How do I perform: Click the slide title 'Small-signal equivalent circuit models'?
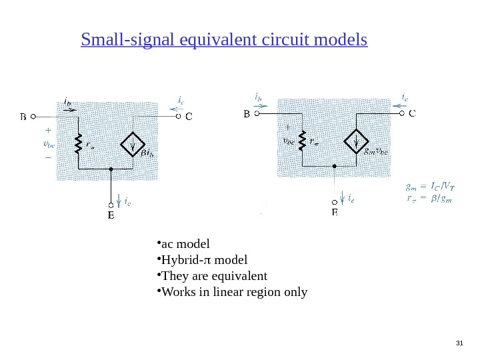coord(224,41)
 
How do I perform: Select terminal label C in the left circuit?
coord(189,117)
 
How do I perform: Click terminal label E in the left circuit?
coord(111,216)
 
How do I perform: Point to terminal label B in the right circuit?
coord(245,114)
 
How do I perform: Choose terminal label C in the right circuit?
coord(412,114)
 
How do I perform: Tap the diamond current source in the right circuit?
coord(358,141)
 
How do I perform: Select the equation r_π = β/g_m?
coord(427,197)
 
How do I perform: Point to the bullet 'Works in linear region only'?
coord(233,292)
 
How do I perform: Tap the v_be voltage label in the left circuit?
coord(47,144)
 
